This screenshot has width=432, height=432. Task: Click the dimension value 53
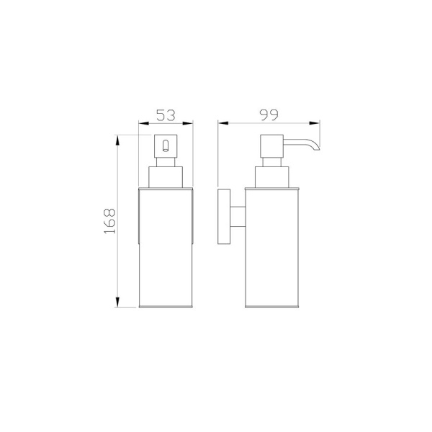point(166,115)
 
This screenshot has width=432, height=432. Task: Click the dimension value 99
point(269,115)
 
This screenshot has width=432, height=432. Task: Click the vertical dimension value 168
point(109,221)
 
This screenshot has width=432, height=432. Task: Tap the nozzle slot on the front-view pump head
point(166,145)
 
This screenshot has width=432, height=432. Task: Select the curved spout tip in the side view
point(316,147)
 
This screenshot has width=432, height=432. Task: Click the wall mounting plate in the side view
point(224,217)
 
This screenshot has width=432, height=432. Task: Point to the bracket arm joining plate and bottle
point(238,217)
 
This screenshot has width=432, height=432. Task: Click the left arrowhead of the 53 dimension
point(143,123)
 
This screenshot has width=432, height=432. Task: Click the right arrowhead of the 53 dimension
point(188,123)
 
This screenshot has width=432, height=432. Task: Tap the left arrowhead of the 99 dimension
point(223,123)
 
